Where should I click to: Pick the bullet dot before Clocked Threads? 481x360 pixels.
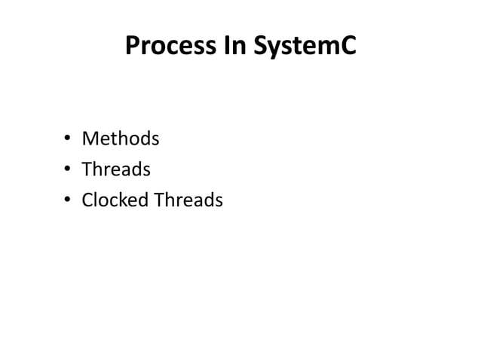tap(67, 201)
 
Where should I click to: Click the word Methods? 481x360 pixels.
tap(121, 139)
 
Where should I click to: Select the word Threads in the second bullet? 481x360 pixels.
tap(116, 170)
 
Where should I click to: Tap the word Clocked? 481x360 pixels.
tap(115, 200)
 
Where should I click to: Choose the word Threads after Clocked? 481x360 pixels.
tap(188, 200)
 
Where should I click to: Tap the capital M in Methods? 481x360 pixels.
tap(90, 139)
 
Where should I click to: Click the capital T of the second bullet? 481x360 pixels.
tap(86, 170)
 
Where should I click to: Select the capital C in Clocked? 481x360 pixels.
tap(87, 200)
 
